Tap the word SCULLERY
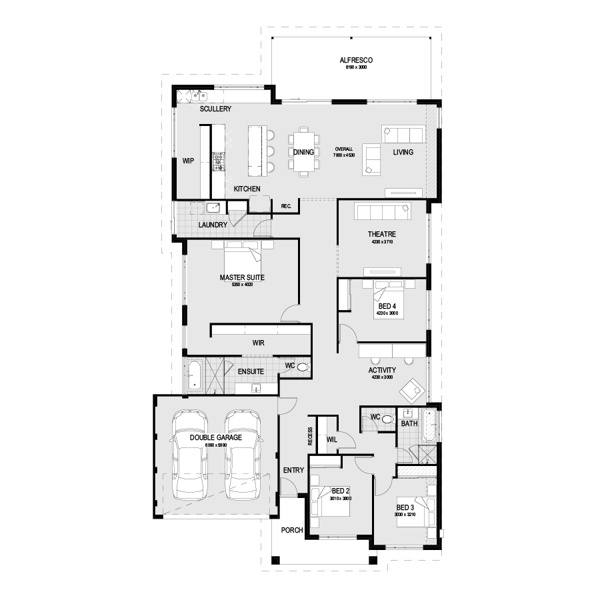pos(215,108)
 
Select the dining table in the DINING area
pos(303,153)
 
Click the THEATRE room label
pos(382,234)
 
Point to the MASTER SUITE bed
pos(240,257)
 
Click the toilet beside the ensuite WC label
pos(303,367)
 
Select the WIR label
pos(259,343)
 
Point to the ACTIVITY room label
pos(382,370)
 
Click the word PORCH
pos(292,531)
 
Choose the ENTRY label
pos(293,470)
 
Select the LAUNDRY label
pos(213,225)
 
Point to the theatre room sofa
pos(382,212)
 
